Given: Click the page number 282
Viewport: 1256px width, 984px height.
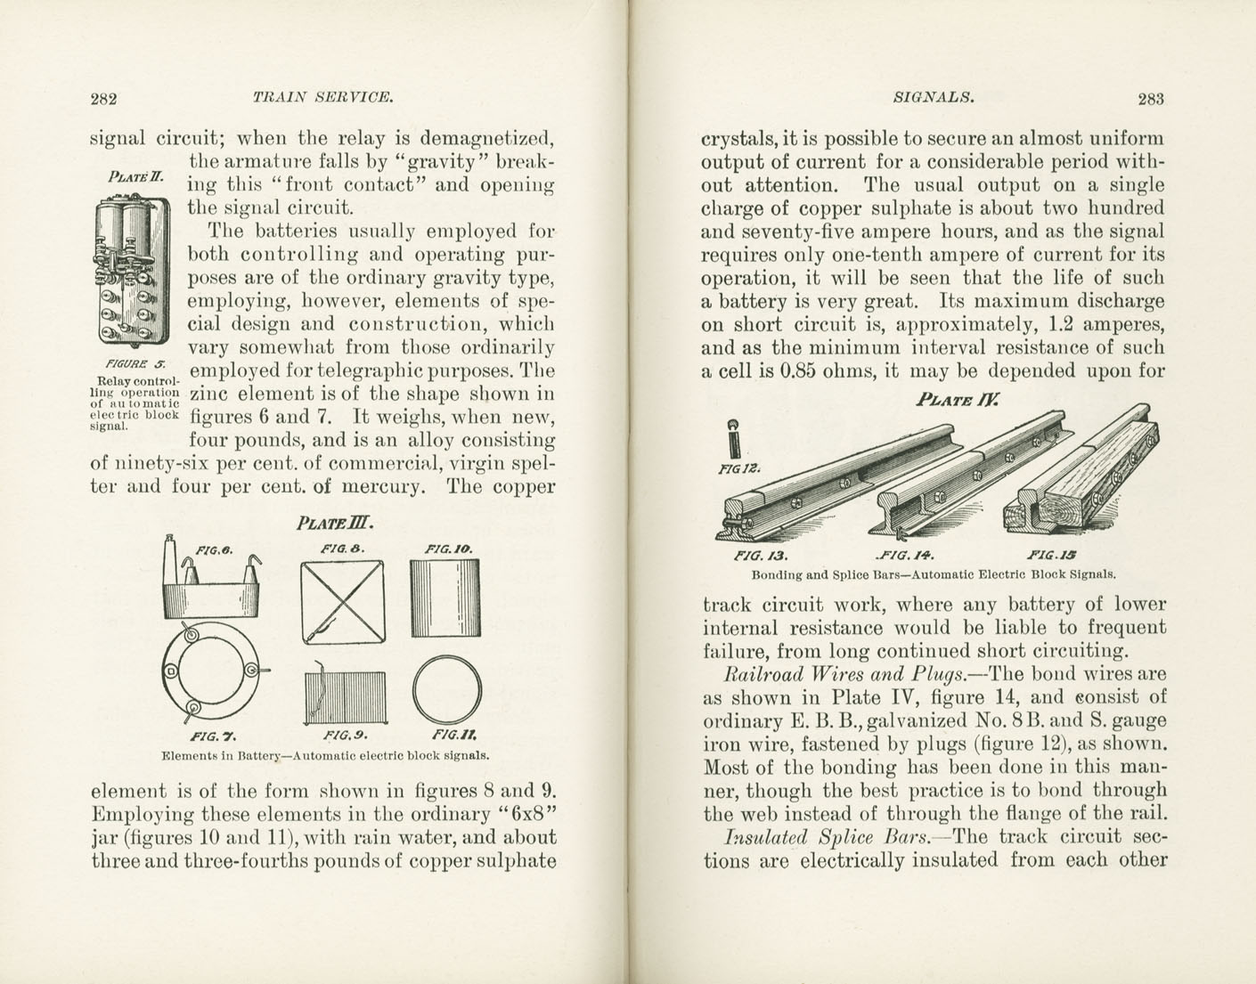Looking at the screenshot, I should [105, 99].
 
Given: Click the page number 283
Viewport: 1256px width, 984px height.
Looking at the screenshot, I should [1150, 99].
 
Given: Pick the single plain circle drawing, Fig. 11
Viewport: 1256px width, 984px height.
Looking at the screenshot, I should [448, 690].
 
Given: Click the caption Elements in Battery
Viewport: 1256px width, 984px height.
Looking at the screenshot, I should [326, 757].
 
